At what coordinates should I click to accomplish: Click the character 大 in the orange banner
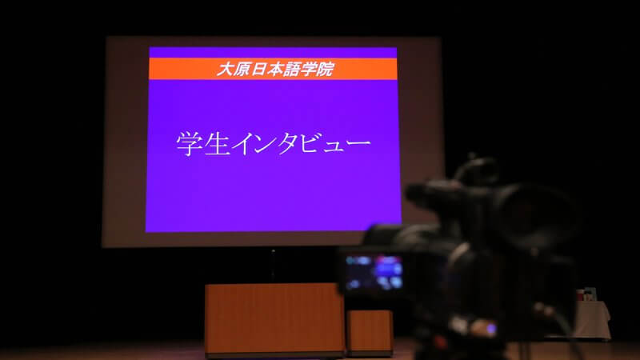tap(225, 69)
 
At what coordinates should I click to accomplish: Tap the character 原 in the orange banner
tap(242, 69)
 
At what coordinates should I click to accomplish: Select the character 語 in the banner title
tap(292, 69)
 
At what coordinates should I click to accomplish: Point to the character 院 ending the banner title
tap(326, 69)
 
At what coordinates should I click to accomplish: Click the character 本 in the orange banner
tap(275, 69)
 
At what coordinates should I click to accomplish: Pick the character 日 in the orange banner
tap(258, 69)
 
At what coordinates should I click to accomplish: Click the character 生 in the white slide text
tap(217, 143)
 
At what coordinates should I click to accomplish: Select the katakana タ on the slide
tap(286, 143)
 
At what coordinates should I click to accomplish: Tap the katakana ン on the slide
tap(265, 144)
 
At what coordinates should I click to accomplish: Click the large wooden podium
tap(274, 319)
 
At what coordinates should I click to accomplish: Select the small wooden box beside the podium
tap(370, 332)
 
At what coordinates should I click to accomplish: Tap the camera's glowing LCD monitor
tap(374, 272)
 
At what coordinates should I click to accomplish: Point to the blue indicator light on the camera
tap(491, 329)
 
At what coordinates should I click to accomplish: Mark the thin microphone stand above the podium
tap(273, 266)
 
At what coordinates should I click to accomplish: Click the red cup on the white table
tap(581, 294)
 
